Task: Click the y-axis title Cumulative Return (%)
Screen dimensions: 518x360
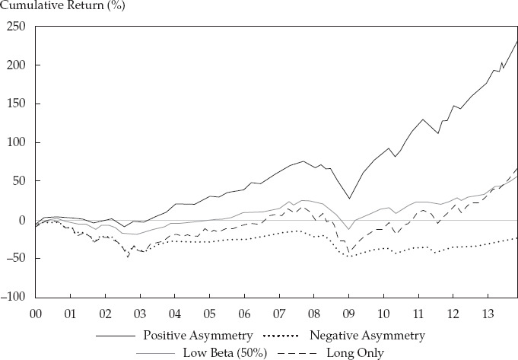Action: (62, 5)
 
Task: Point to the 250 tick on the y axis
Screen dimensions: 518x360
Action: (16, 27)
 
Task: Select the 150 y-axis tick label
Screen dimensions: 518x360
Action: (16, 104)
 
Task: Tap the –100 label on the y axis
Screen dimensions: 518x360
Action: (13, 297)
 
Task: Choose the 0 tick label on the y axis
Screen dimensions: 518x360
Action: (22, 220)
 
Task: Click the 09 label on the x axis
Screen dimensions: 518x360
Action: (348, 314)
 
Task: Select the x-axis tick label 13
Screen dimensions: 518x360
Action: (488, 314)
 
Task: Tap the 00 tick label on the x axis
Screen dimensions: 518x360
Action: (36, 314)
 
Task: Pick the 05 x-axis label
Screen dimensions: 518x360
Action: (209, 314)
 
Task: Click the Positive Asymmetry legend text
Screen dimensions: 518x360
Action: (198, 336)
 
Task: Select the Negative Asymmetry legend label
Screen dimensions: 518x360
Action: (367, 336)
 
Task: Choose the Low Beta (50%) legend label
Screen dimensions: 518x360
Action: (225, 353)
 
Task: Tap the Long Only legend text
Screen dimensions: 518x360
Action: (355, 353)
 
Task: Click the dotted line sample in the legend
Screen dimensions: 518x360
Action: (281, 336)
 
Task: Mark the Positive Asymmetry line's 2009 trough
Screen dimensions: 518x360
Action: (349, 199)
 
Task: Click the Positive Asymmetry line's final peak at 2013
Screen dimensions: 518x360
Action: (516, 41)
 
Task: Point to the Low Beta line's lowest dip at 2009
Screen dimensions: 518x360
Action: (348, 229)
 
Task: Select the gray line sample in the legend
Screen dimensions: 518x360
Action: (154, 354)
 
